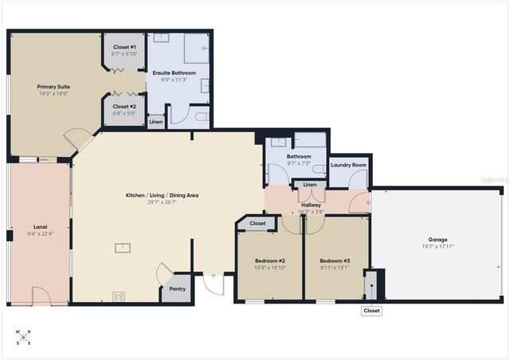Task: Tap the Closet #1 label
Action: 124,47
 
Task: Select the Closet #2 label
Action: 124,106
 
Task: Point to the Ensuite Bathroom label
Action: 174,72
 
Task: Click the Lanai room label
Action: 40,226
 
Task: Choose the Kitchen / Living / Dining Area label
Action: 162,195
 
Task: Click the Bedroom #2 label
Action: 269,260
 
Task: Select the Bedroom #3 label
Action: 335,260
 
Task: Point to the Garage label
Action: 437,239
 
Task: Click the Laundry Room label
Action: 349,165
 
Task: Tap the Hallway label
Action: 311,205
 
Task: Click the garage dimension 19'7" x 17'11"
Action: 437,246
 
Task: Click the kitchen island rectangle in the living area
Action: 123,247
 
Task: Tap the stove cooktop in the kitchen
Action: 119,296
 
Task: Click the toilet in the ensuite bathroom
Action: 202,119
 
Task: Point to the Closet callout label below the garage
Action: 371,311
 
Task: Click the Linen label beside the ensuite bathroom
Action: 156,122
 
